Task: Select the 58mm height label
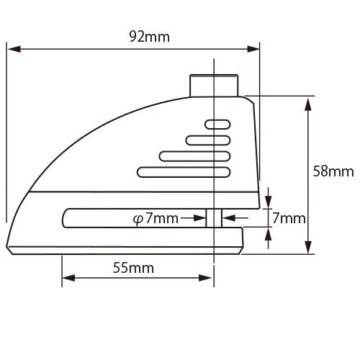click(333, 171)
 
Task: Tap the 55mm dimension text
click(134, 268)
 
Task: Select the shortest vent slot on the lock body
click(218, 124)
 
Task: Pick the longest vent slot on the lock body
click(183, 171)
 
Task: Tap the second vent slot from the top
click(208, 139)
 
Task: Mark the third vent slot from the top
click(195, 155)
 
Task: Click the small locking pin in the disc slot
click(214, 217)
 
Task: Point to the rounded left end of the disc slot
click(67, 217)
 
